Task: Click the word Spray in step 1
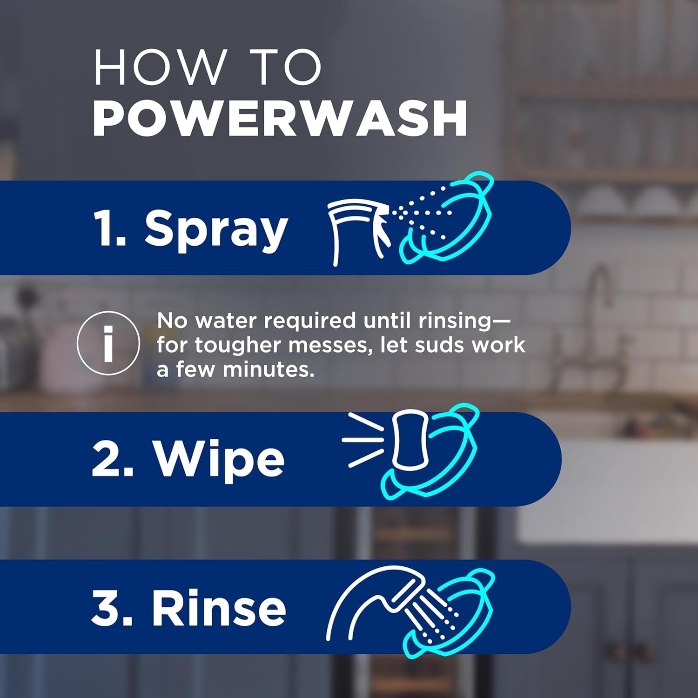click(216, 228)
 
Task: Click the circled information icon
click(108, 343)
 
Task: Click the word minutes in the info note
click(268, 369)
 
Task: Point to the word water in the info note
click(226, 321)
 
